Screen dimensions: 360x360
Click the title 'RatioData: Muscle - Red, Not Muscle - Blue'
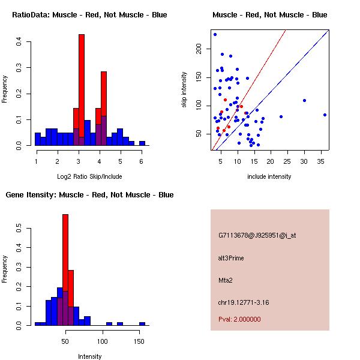coord(89,14)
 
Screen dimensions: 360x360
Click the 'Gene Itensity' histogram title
coord(89,195)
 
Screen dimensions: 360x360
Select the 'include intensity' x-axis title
coord(269,176)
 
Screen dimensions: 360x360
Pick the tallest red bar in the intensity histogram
coord(65,270)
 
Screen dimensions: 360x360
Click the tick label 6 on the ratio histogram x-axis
coord(141,161)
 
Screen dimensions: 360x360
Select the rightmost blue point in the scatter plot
coord(325,115)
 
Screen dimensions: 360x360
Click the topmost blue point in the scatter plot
coord(215,34)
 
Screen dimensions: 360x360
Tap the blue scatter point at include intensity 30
coord(304,100)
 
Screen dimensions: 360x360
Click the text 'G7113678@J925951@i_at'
coord(257,235)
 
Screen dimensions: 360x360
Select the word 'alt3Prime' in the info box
coord(231,258)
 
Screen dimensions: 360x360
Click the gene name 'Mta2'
coord(226,280)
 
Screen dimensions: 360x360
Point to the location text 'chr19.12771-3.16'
coord(243,302)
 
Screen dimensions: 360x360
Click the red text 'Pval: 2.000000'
coord(239,319)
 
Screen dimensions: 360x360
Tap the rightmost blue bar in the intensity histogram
coord(142,323)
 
